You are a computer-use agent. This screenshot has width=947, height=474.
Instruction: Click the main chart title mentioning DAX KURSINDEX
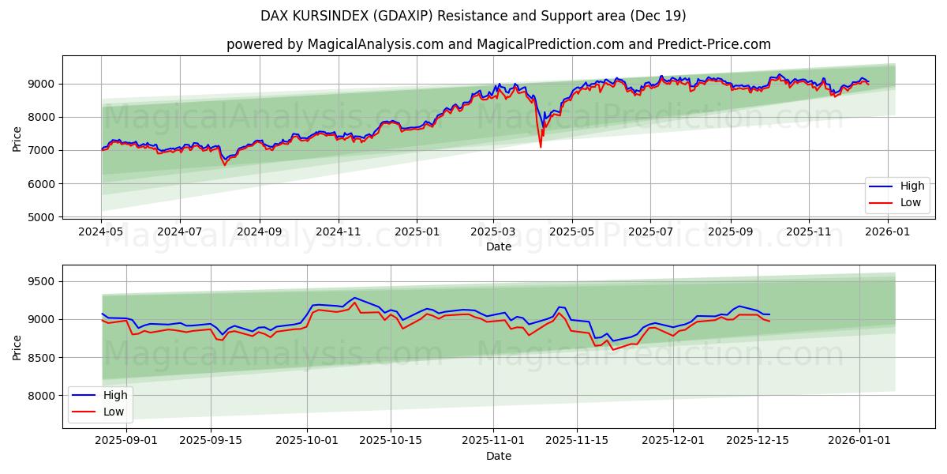[x=473, y=16]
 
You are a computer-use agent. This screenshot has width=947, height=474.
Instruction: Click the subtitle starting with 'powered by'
[x=498, y=44]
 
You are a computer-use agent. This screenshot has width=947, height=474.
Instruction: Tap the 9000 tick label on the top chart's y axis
[x=41, y=84]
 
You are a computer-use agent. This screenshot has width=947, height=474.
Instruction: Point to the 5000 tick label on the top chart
[x=41, y=217]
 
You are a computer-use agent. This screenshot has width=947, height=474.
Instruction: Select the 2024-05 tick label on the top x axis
[x=101, y=232]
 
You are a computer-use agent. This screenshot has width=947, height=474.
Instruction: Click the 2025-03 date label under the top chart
[x=493, y=232]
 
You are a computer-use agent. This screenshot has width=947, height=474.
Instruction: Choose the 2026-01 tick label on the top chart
[x=888, y=232]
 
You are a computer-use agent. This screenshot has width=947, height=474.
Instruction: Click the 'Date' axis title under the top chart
[x=498, y=246]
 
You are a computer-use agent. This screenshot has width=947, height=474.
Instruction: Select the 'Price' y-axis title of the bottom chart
[x=17, y=347]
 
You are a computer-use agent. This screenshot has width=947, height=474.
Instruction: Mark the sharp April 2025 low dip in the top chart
[x=541, y=146]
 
